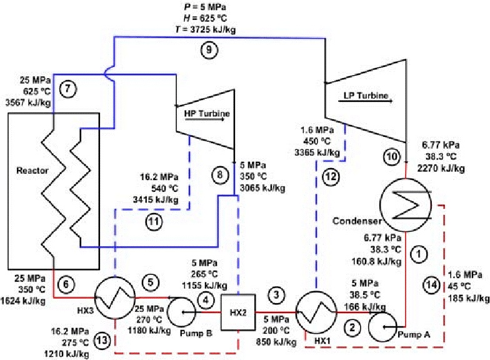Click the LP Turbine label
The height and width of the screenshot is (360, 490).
[x=366, y=96]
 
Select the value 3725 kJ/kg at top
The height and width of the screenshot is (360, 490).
[x=220, y=31]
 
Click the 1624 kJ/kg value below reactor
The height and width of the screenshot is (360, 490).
[x=25, y=301]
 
